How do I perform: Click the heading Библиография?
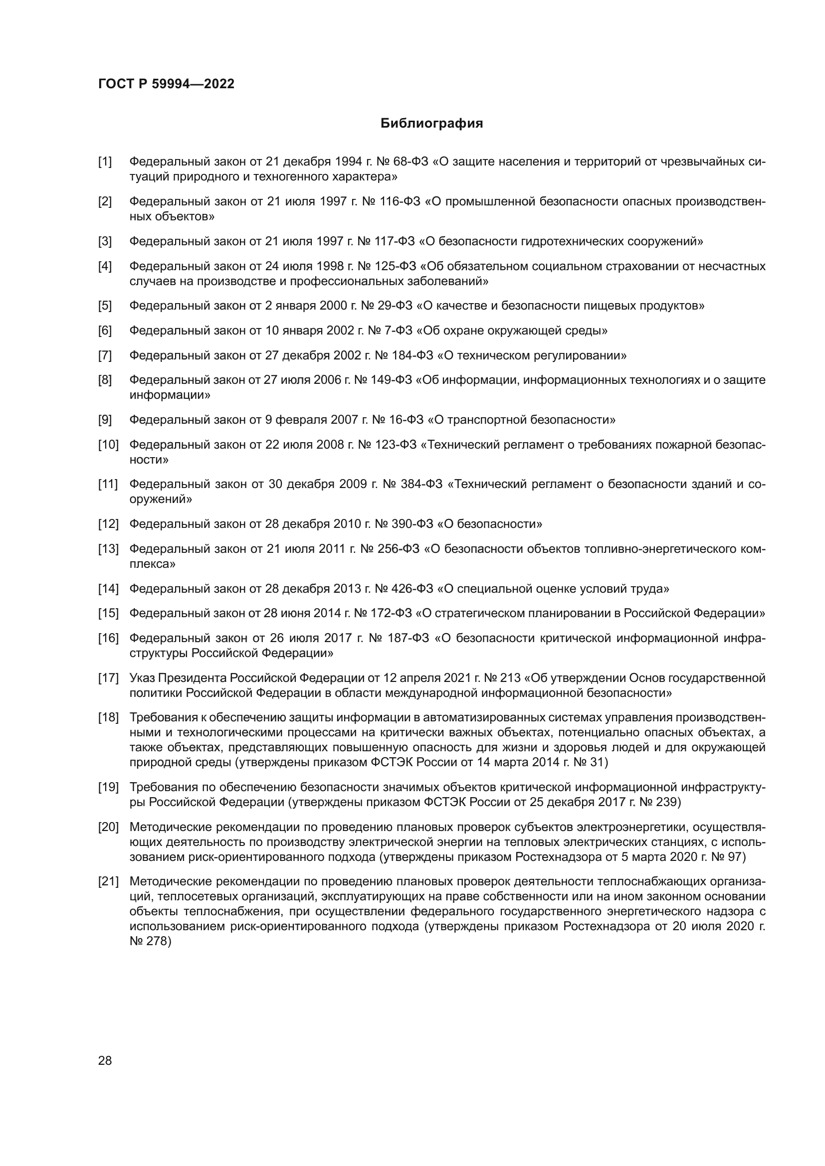coord(431,124)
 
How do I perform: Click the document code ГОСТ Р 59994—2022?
coord(166,84)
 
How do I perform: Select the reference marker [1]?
coord(105,162)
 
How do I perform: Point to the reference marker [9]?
coord(105,420)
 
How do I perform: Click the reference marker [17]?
coord(108,678)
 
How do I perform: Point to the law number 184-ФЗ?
coord(412,355)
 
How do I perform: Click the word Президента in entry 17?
coord(193,678)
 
